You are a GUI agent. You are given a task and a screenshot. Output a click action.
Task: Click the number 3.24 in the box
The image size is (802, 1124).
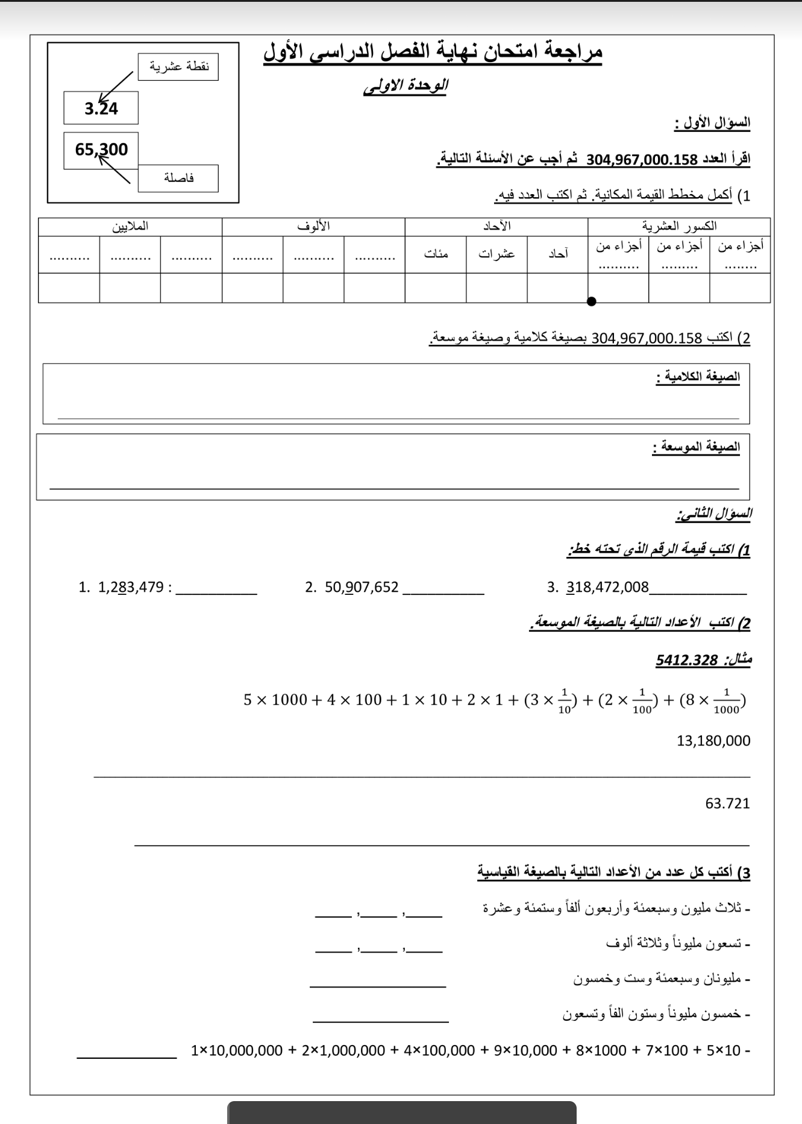101,108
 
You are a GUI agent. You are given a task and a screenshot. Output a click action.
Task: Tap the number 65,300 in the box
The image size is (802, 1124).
101,149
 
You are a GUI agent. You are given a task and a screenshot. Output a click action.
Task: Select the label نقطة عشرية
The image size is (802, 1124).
179,66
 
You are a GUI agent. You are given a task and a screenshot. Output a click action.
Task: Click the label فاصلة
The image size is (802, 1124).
178,178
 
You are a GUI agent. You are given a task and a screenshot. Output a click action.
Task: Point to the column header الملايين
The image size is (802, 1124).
130,226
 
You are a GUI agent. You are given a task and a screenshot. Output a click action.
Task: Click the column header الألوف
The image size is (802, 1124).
313,226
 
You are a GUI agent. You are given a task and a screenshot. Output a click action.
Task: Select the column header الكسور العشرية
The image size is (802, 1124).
679,226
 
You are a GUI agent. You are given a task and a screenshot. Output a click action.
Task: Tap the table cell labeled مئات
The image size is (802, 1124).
436,254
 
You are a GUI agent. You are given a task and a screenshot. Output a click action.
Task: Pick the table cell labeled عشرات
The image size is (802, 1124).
497,254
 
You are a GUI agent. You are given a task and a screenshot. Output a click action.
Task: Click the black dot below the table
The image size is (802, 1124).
592,301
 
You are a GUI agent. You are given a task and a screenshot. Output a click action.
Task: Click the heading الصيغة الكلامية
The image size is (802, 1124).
698,377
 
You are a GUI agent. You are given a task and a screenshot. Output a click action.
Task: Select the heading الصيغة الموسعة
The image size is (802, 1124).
696,447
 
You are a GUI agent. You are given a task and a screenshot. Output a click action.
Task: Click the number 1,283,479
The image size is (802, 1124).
131,587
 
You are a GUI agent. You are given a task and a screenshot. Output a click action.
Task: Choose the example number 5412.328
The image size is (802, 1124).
687,660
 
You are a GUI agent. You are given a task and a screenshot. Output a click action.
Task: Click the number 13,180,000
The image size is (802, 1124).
713,741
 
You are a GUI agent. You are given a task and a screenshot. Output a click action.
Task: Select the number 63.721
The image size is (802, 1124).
727,803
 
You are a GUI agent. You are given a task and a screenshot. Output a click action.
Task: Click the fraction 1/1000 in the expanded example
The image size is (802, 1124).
726,702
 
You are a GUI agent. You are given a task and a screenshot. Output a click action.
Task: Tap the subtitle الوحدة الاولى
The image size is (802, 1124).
406,86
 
